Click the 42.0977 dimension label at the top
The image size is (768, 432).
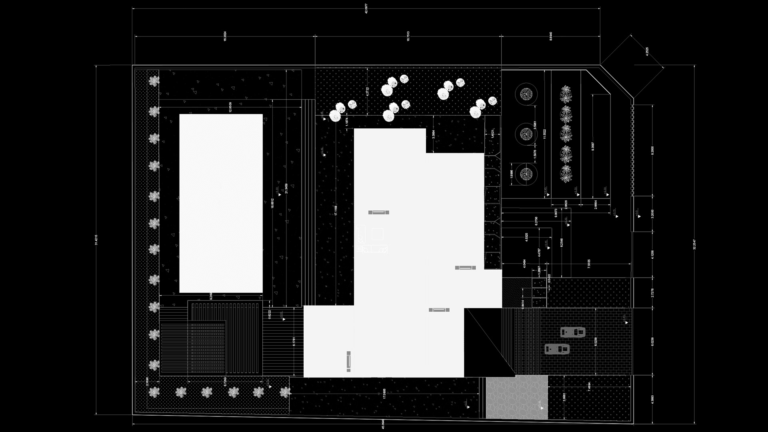[x=366, y=9]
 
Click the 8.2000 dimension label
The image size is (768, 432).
[x=652, y=150]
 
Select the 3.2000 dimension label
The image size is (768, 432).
[x=652, y=213]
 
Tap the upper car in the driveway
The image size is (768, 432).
[x=573, y=332]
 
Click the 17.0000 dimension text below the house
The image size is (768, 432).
[x=384, y=394]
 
